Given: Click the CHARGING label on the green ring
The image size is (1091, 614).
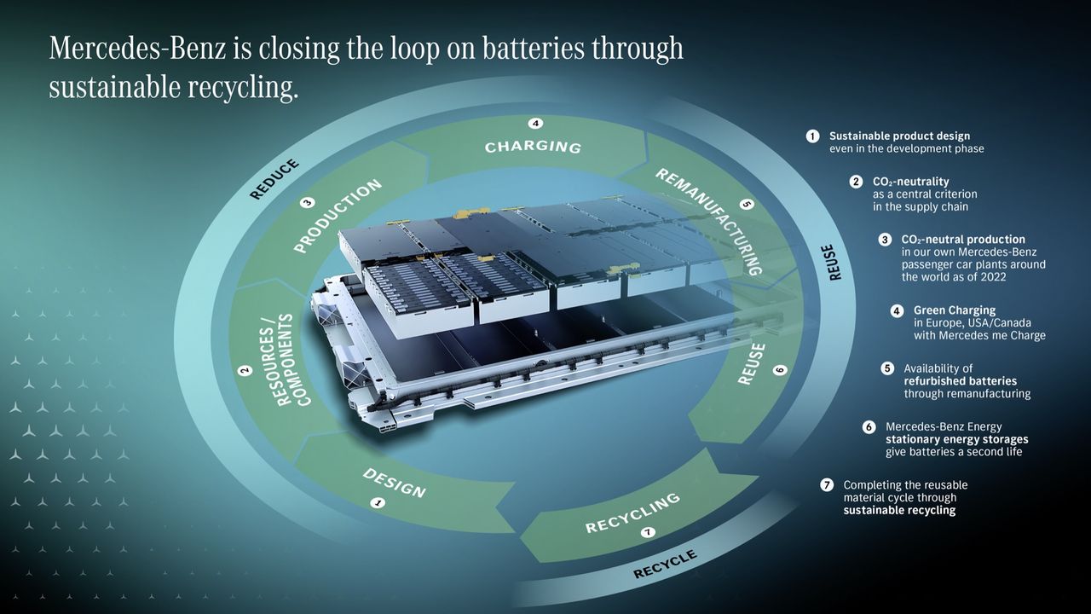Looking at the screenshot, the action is point(533,147).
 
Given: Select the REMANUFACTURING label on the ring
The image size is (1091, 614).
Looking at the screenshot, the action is point(709,222).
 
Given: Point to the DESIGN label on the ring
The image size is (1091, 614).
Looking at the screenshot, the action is point(395,484).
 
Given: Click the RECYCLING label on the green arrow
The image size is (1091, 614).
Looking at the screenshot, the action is point(632,513).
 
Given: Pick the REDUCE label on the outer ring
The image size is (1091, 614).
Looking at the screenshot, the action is point(274,179).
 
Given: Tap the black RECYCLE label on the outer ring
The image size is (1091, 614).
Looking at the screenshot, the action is point(665,565).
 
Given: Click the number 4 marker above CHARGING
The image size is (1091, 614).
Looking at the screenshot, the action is point(536,124).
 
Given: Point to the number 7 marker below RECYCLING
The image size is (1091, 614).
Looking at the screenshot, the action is point(648,533).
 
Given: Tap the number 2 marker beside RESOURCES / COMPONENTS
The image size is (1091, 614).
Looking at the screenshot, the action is point(245,370).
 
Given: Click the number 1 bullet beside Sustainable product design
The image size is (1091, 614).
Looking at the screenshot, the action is point(812,136).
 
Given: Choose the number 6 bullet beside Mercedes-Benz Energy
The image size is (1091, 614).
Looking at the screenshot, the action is point(869,427).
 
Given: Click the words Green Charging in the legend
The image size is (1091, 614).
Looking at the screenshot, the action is point(955,310).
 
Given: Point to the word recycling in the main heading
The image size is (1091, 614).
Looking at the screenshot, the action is point(243,89).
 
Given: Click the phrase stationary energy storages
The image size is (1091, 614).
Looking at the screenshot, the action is point(957,439).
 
